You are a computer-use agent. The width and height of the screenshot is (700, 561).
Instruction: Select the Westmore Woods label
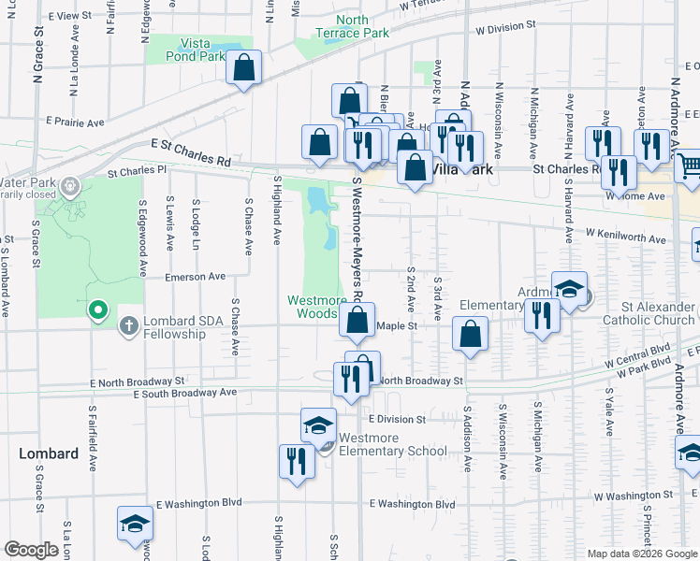point(316,307)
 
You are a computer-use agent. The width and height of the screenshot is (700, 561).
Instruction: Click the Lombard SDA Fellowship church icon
point(129,326)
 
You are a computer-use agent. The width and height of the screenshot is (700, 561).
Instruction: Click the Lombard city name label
point(49,453)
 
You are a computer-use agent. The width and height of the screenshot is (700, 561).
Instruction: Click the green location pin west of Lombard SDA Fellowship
point(97,309)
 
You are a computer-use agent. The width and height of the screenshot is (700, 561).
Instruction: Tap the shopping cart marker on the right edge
point(689,166)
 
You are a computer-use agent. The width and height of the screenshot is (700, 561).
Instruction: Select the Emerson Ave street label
point(195,277)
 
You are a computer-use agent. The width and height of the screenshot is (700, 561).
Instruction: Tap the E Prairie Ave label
point(76,122)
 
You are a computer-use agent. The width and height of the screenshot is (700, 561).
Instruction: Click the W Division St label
point(510,29)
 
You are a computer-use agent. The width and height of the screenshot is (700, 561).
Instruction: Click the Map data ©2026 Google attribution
point(641,554)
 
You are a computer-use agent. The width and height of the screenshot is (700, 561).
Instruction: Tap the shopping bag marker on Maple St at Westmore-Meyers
point(357,320)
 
